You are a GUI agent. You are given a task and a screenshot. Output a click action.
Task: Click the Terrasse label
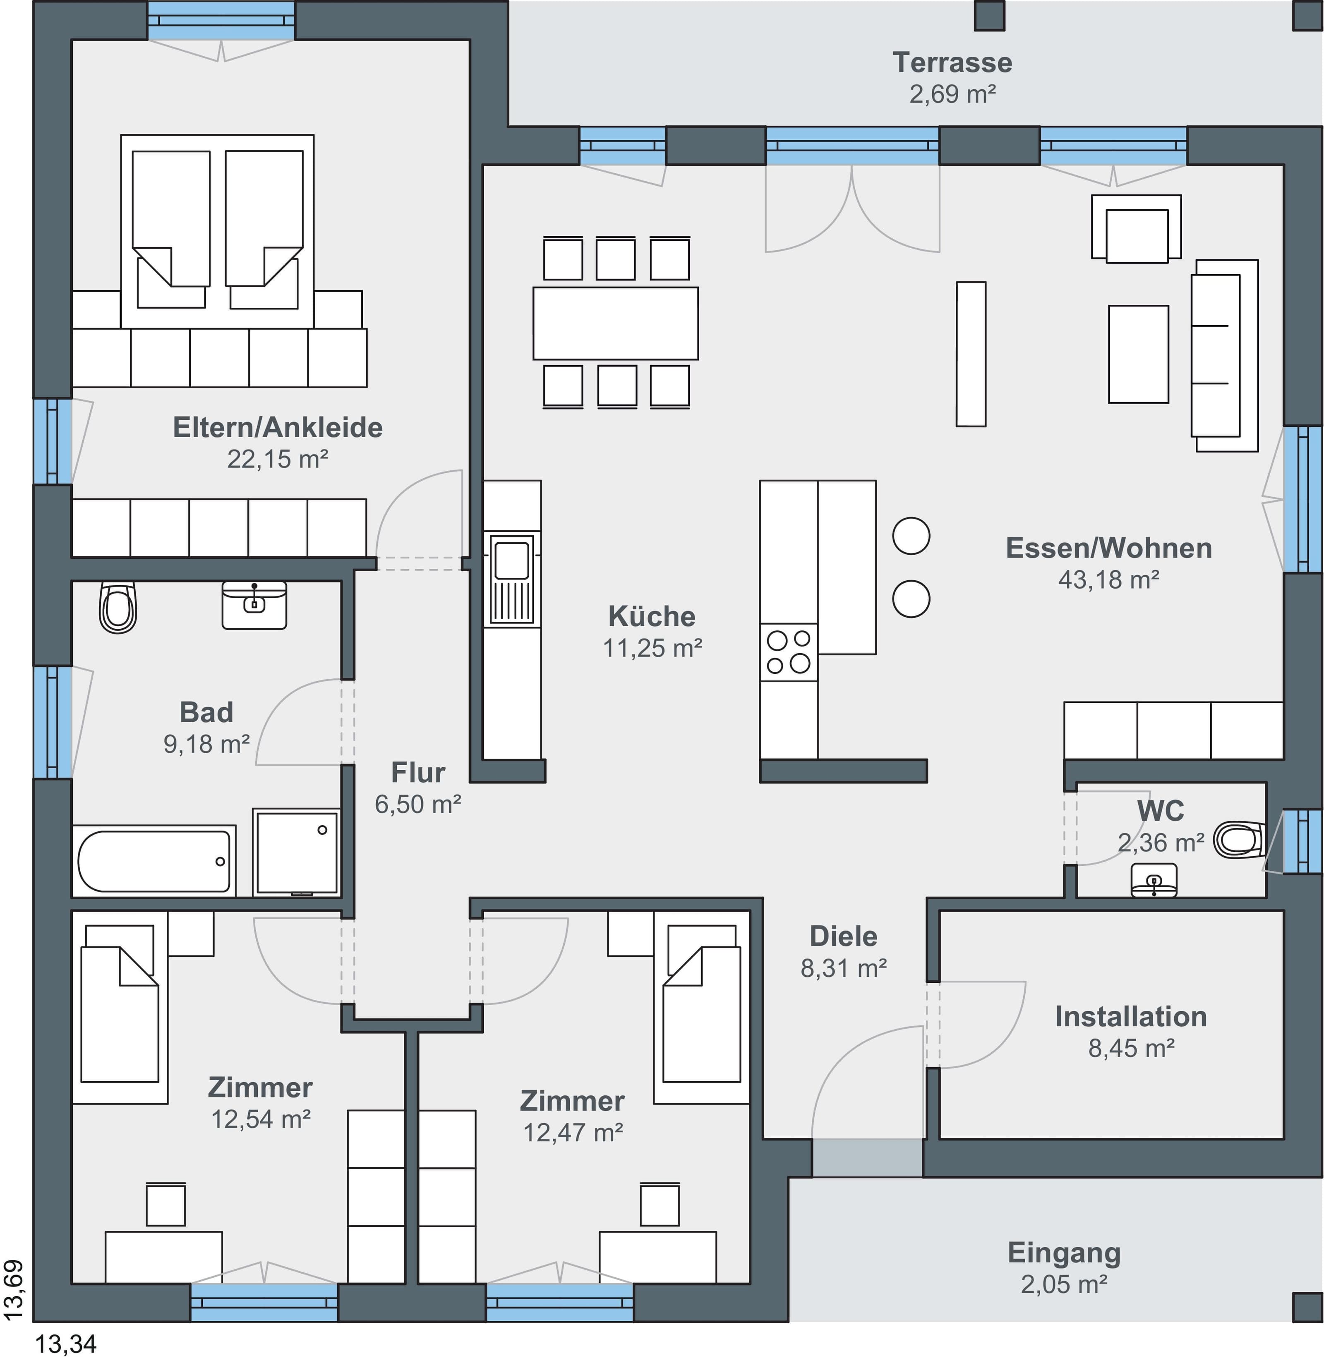coord(952,62)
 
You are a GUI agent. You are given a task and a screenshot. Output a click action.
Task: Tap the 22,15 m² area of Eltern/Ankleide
coord(278,459)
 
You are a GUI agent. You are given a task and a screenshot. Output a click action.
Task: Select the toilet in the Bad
coord(118,607)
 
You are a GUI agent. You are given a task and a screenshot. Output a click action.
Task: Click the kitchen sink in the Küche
coord(513,579)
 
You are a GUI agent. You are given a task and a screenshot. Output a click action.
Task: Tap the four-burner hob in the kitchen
coord(789,651)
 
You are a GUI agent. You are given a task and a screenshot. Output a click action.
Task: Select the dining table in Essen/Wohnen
coord(615,323)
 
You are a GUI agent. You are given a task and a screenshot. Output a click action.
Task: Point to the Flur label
coord(418,773)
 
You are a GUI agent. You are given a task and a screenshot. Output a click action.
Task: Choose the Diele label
coord(844,936)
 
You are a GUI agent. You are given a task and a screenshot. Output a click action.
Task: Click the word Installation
coord(1131,1017)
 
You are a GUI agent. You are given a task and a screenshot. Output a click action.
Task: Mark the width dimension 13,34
coord(65,1344)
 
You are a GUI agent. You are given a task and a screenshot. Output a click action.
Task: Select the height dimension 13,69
coord(14,1290)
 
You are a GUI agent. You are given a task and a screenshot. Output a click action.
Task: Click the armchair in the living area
coord(1136,229)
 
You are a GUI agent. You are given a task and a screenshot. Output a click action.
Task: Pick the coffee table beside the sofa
coord(1138,354)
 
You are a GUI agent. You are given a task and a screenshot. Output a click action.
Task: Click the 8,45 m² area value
coord(1131,1048)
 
